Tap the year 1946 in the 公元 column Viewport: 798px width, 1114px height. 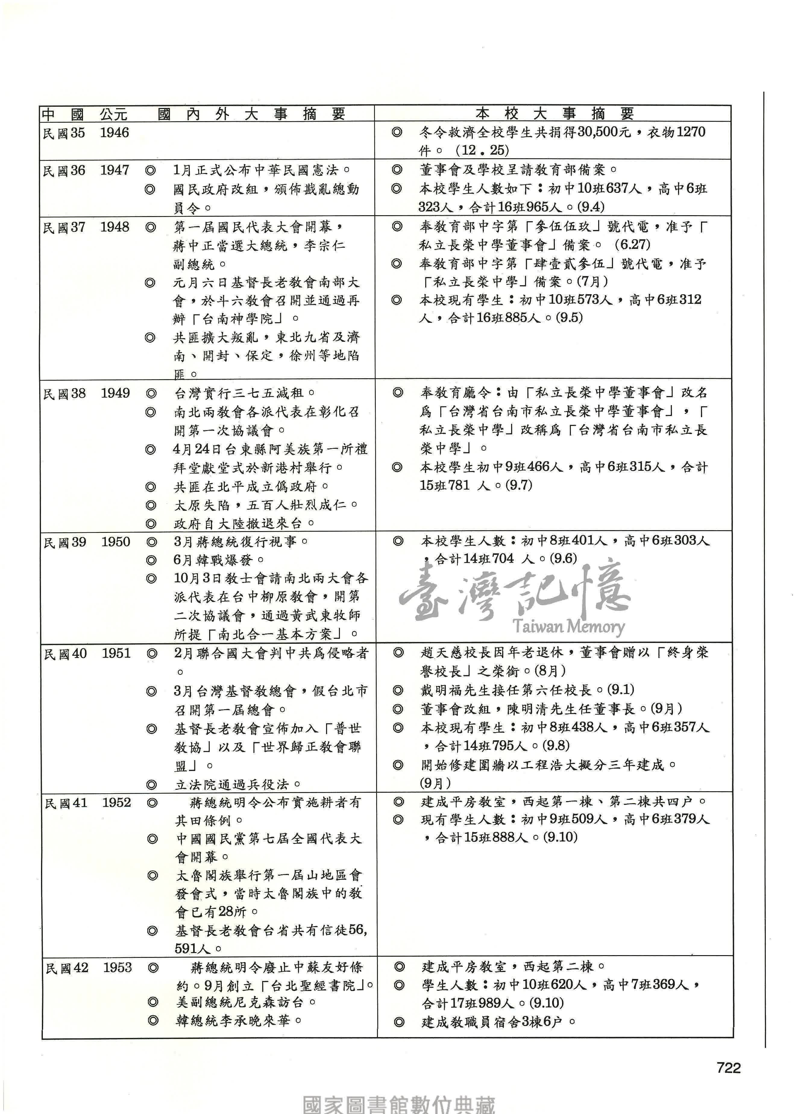point(115,133)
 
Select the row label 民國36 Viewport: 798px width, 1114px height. point(64,171)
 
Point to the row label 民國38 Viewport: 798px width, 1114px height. point(64,393)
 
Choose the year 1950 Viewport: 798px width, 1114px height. point(116,542)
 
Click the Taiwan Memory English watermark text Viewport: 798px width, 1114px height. point(568,626)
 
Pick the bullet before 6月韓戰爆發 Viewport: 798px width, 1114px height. point(152,560)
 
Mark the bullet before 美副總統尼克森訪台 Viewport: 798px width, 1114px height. point(153,1002)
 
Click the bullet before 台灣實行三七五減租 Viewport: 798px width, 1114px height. point(151,393)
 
